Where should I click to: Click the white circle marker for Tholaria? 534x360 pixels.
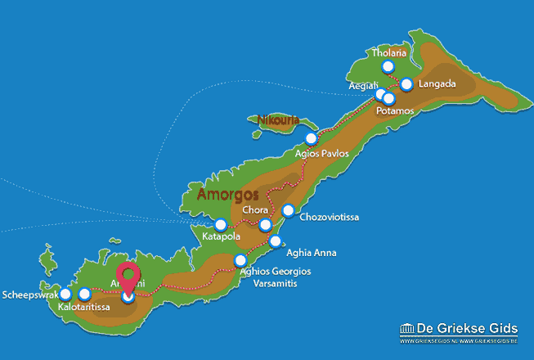pyautogui.click(x=388, y=67)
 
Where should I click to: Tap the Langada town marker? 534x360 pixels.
pyautogui.click(x=407, y=84)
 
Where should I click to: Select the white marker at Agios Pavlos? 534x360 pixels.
pyautogui.click(x=311, y=138)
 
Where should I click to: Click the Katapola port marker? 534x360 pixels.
pyautogui.click(x=220, y=225)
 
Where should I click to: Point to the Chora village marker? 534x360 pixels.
pyautogui.click(x=265, y=225)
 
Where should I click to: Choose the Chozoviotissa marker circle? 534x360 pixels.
pyautogui.click(x=288, y=211)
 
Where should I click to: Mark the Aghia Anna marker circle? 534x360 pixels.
pyautogui.click(x=276, y=241)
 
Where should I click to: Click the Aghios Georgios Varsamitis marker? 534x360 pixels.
pyautogui.click(x=240, y=261)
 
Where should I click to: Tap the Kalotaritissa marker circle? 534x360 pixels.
pyautogui.click(x=84, y=295)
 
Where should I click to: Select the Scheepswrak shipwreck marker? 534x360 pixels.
pyautogui.click(x=65, y=295)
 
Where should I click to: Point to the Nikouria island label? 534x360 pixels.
pyautogui.click(x=273, y=121)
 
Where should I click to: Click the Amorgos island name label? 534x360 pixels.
pyautogui.click(x=228, y=195)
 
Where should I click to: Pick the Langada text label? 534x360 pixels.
pyautogui.click(x=436, y=84)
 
